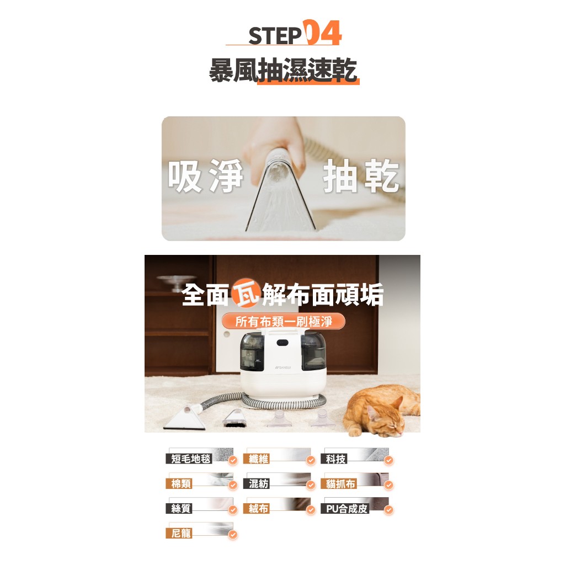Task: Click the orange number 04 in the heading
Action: click(x=322, y=33)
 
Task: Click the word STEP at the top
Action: click(x=275, y=36)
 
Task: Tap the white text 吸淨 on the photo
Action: click(x=206, y=176)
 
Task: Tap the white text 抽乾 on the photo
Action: click(x=361, y=176)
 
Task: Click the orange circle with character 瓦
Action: click(x=246, y=294)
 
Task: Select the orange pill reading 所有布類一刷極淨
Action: click(x=283, y=322)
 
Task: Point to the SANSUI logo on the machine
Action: click(x=283, y=367)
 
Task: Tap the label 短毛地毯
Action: click(x=189, y=459)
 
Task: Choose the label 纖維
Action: click(x=257, y=459)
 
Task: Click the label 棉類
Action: click(x=179, y=483)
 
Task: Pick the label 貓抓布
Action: click(x=339, y=483)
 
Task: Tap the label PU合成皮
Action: click(x=345, y=508)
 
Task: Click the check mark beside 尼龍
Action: click(x=233, y=535)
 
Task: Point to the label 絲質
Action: click(x=179, y=508)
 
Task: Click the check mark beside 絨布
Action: click(x=311, y=510)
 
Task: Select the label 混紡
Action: click(x=257, y=483)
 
